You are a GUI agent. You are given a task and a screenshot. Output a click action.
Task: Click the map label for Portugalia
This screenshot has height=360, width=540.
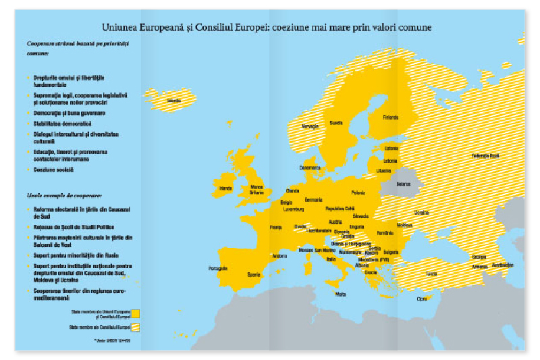point(218,268)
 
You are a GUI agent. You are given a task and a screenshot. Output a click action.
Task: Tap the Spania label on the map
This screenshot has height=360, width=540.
point(253,275)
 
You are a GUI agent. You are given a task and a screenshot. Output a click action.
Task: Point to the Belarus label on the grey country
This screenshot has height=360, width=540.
point(404,183)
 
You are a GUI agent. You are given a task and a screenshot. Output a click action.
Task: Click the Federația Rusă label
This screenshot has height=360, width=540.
point(486,156)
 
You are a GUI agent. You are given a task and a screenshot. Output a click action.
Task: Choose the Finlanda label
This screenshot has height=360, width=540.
point(391,117)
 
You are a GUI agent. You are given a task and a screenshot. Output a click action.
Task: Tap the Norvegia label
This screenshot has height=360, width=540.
point(310,126)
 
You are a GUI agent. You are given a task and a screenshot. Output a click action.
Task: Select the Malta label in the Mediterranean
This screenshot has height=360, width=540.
point(341,294)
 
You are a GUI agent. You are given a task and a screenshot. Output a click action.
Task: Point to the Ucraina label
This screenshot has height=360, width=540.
point(422,212)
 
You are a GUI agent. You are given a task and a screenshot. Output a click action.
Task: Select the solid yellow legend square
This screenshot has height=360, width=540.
point(136,313)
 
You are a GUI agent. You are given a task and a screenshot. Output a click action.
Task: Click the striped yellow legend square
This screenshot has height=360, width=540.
point(136,327)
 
